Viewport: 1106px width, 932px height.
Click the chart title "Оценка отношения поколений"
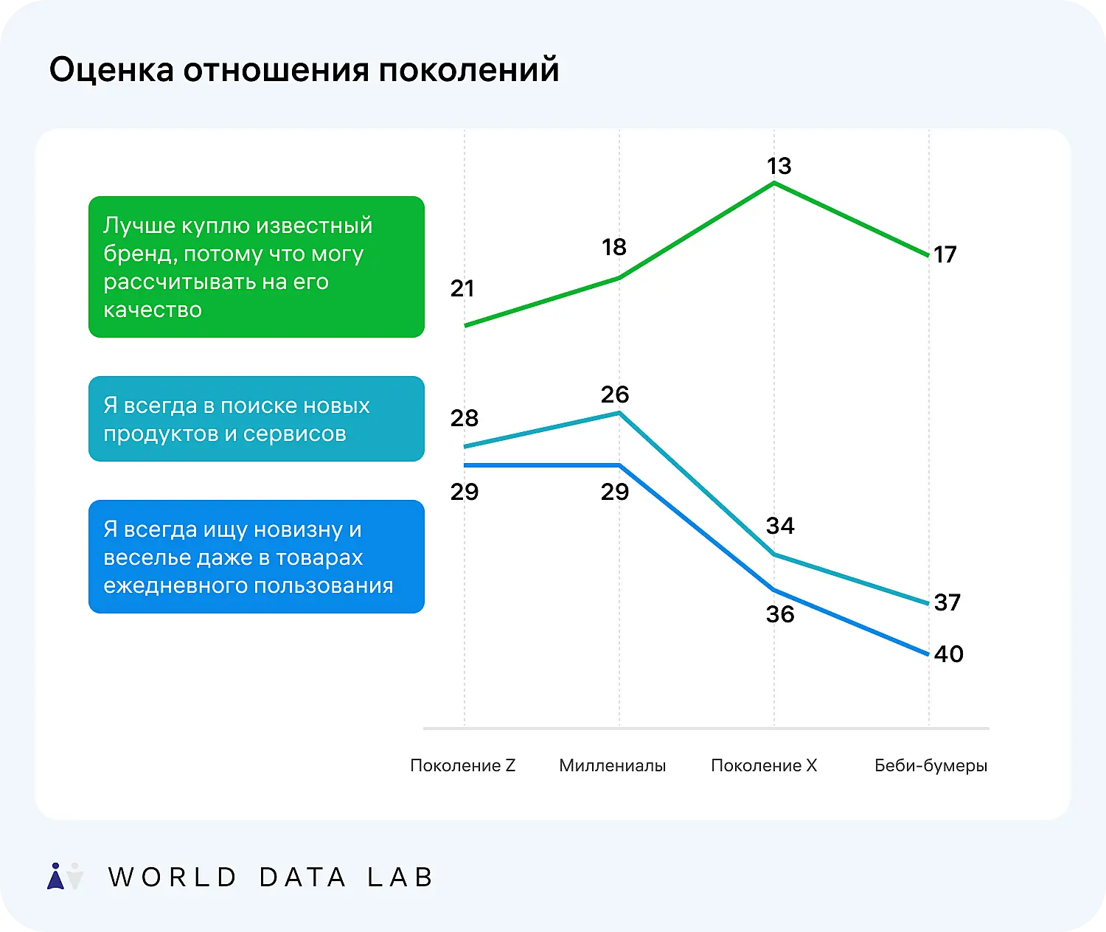(x=304, y=70)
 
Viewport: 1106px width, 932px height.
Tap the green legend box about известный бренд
(x=256, y=267)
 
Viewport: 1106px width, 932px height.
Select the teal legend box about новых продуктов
(x=256, y=419)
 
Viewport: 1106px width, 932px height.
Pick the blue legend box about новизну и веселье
(x=256, y=557)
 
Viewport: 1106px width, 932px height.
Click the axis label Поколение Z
(x=462, y=765)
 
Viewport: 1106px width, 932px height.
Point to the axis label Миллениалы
(x=612, y=765)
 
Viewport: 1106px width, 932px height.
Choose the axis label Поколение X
(x=764, y=765)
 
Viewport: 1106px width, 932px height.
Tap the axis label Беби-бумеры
(x=931, y=765)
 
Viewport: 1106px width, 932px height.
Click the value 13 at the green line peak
(x=779, y=166)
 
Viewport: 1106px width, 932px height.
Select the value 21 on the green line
(x=462, y=288)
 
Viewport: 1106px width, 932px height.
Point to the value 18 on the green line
(x=613, y=247)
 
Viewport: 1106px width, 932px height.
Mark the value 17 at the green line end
(x=945, y=254)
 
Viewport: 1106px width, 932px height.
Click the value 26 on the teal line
(x=614, y=394)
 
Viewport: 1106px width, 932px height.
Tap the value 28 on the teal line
(x=464, y=418)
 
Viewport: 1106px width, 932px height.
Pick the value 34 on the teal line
(x=780, y=526)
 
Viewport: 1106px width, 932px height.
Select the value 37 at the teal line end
(x=947, y=602)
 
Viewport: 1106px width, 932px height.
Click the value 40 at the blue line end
(x=948, y=654)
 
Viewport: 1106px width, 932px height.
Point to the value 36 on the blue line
(x=780, y=614)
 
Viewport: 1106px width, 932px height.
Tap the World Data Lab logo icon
(x=65, y=876)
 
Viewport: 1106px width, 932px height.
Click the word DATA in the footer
(x=302, y=877)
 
